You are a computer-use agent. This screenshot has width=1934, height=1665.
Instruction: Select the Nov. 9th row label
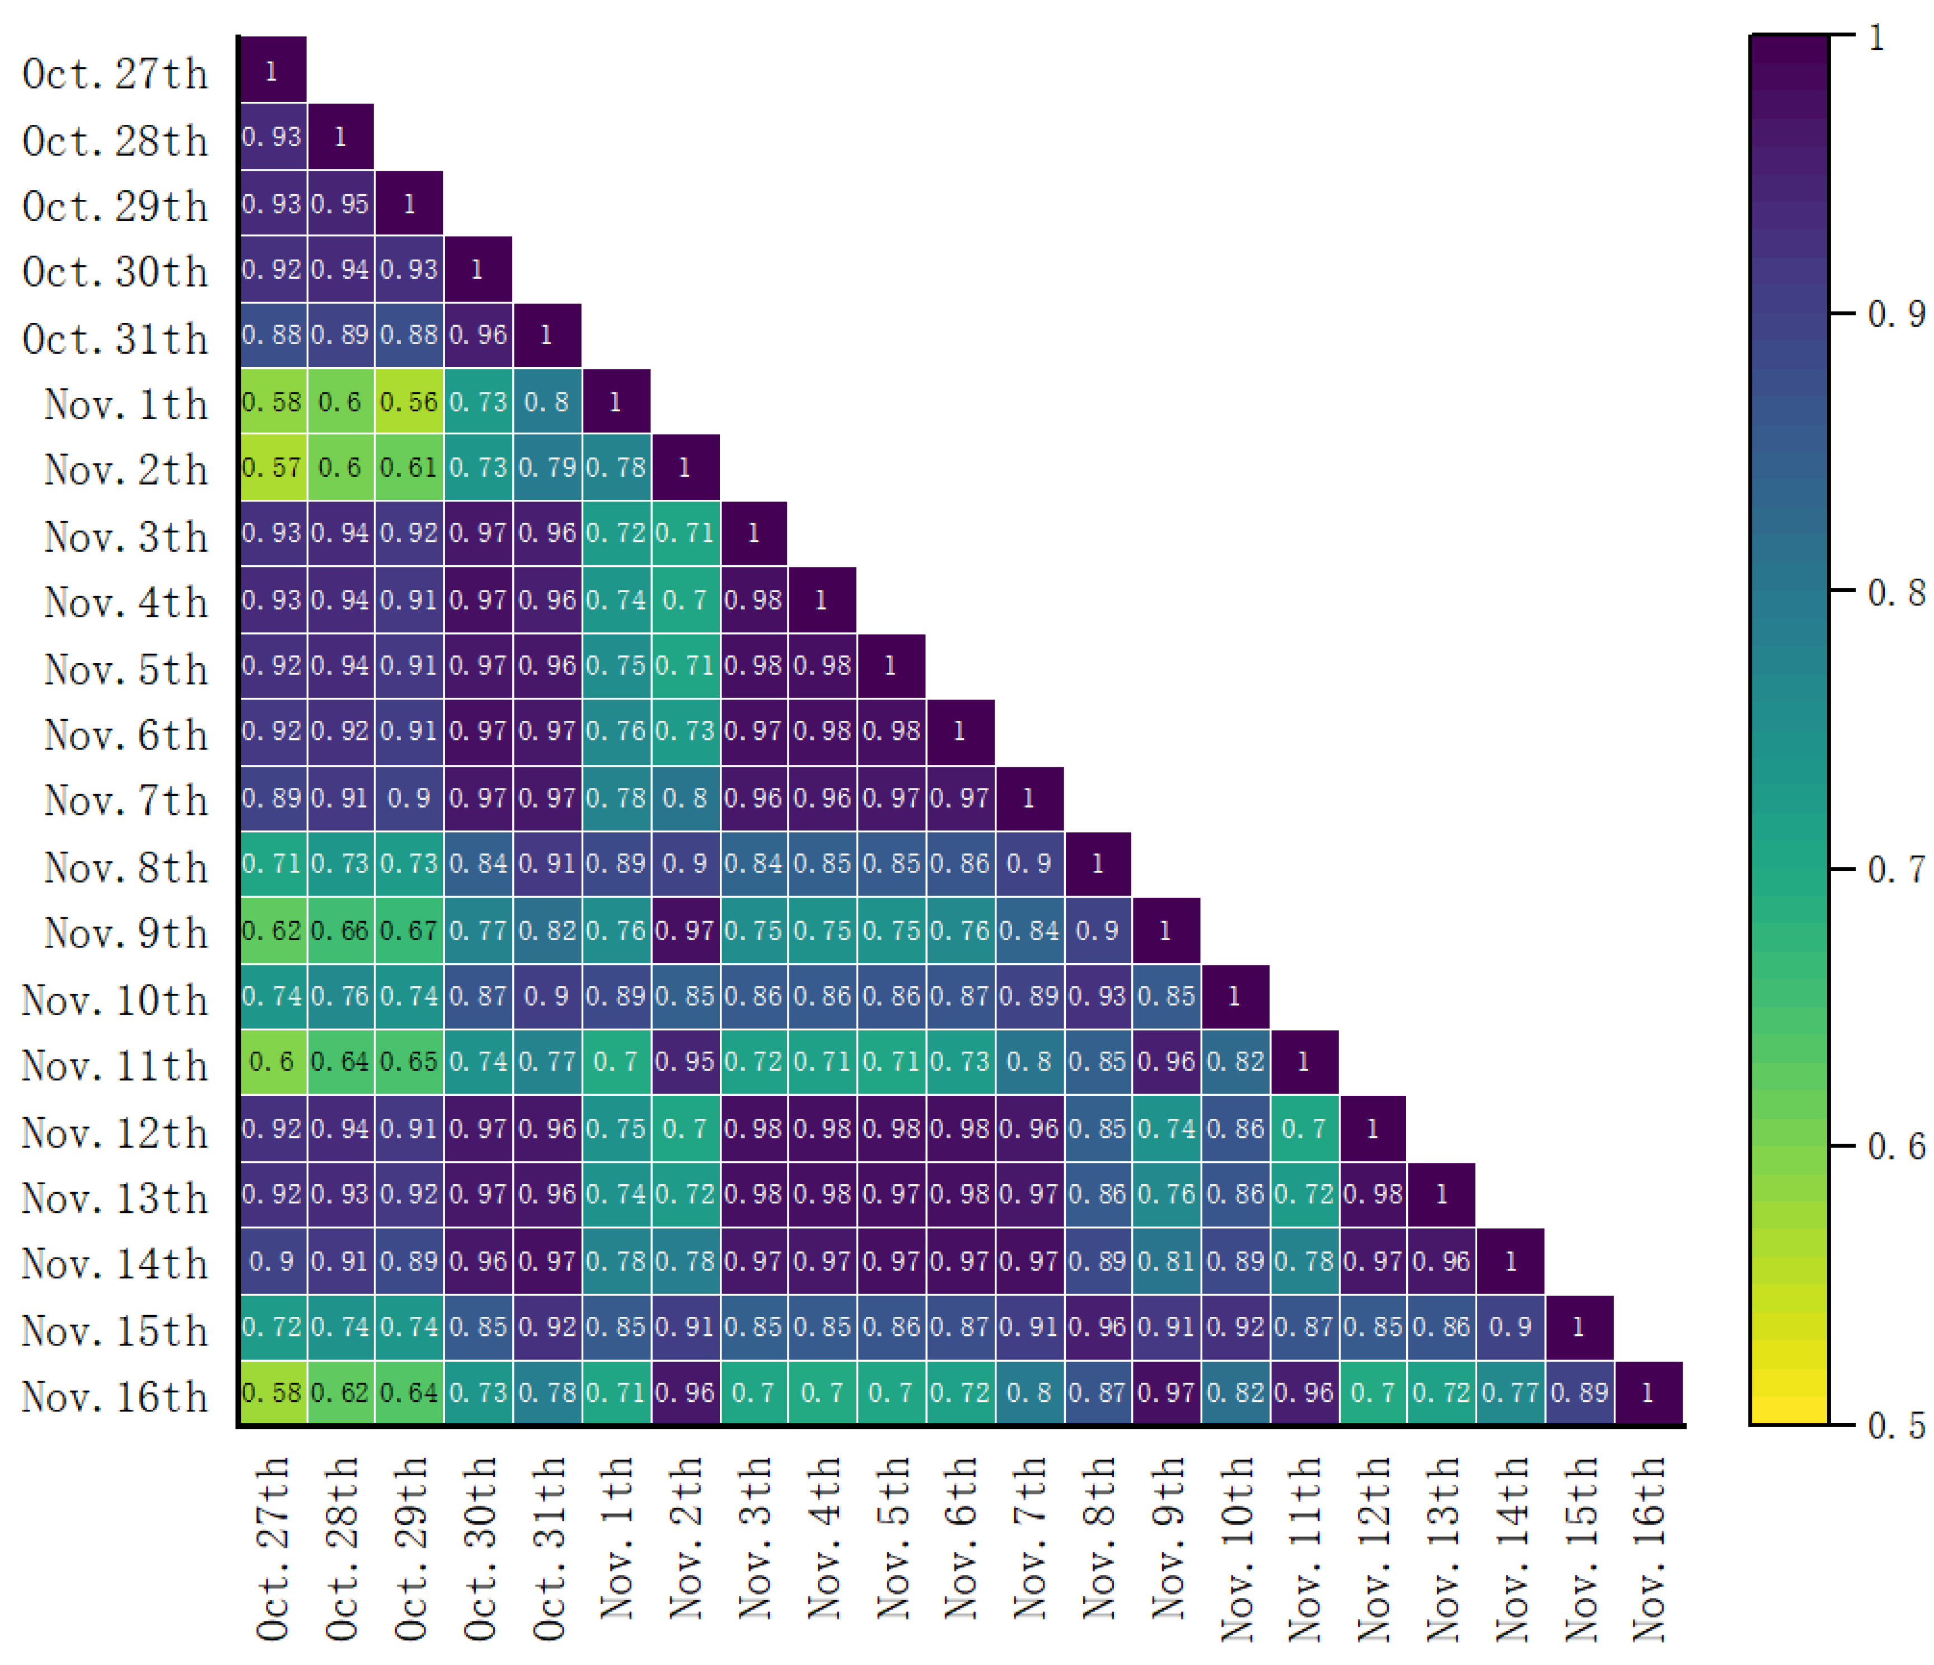coord(125,932)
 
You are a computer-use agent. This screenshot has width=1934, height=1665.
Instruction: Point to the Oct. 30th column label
coord(479,1549)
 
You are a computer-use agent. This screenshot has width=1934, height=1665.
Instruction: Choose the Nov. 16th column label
coord(1649,1549)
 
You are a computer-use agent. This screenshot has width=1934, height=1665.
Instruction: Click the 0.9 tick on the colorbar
coord(1895,313)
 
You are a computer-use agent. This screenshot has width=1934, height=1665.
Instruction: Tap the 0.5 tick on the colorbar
coord(1895,1425)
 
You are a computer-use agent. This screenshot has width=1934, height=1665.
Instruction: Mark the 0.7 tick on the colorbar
coord(1895,869)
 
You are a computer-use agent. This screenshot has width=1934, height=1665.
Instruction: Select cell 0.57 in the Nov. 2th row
coord(271,467)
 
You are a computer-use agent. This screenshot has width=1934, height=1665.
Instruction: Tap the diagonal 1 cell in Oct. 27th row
coord(271,71)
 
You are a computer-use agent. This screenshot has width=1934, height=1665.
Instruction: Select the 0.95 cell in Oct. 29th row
coord(340,204)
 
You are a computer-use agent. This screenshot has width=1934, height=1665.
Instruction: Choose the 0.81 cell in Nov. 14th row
coord(1166,1262)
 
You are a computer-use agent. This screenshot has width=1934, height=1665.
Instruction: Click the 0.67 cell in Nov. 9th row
coord(409,931)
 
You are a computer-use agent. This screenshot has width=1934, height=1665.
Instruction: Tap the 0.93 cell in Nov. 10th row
coord(1098,997)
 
